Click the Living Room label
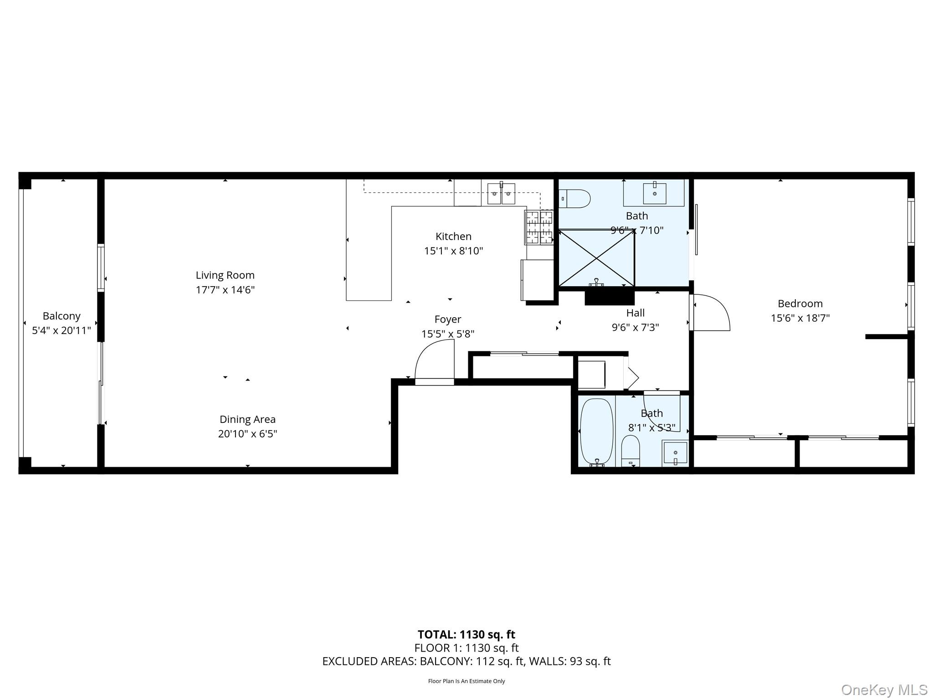(x=225, y=275)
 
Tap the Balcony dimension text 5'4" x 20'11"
(x=62, y=330)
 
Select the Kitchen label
(x=453, y=236)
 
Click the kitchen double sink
(x=501, y=194)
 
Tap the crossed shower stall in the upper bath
(x=596, y=258)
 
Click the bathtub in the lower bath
(x=596, y=432)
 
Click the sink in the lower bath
(x=675, y=453)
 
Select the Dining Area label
(x=247, y=419)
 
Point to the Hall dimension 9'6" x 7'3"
(x=635, y=327)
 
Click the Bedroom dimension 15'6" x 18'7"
(x=800, y=318)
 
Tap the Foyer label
(x=447, y=319)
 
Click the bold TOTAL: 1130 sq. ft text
(x=466, y=634)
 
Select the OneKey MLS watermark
(x=884, y=690)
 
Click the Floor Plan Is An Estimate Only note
(x=466, y=681)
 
